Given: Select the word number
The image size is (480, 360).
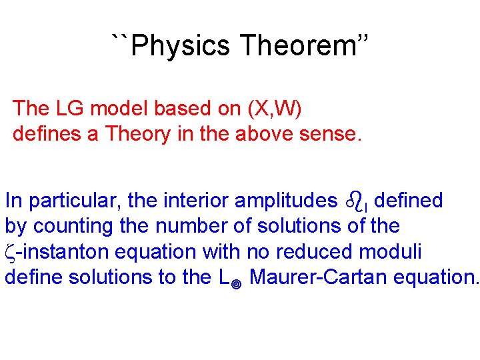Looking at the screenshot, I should pos(192,226).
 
